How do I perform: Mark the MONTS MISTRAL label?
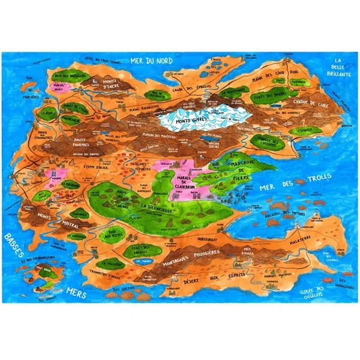55,220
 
